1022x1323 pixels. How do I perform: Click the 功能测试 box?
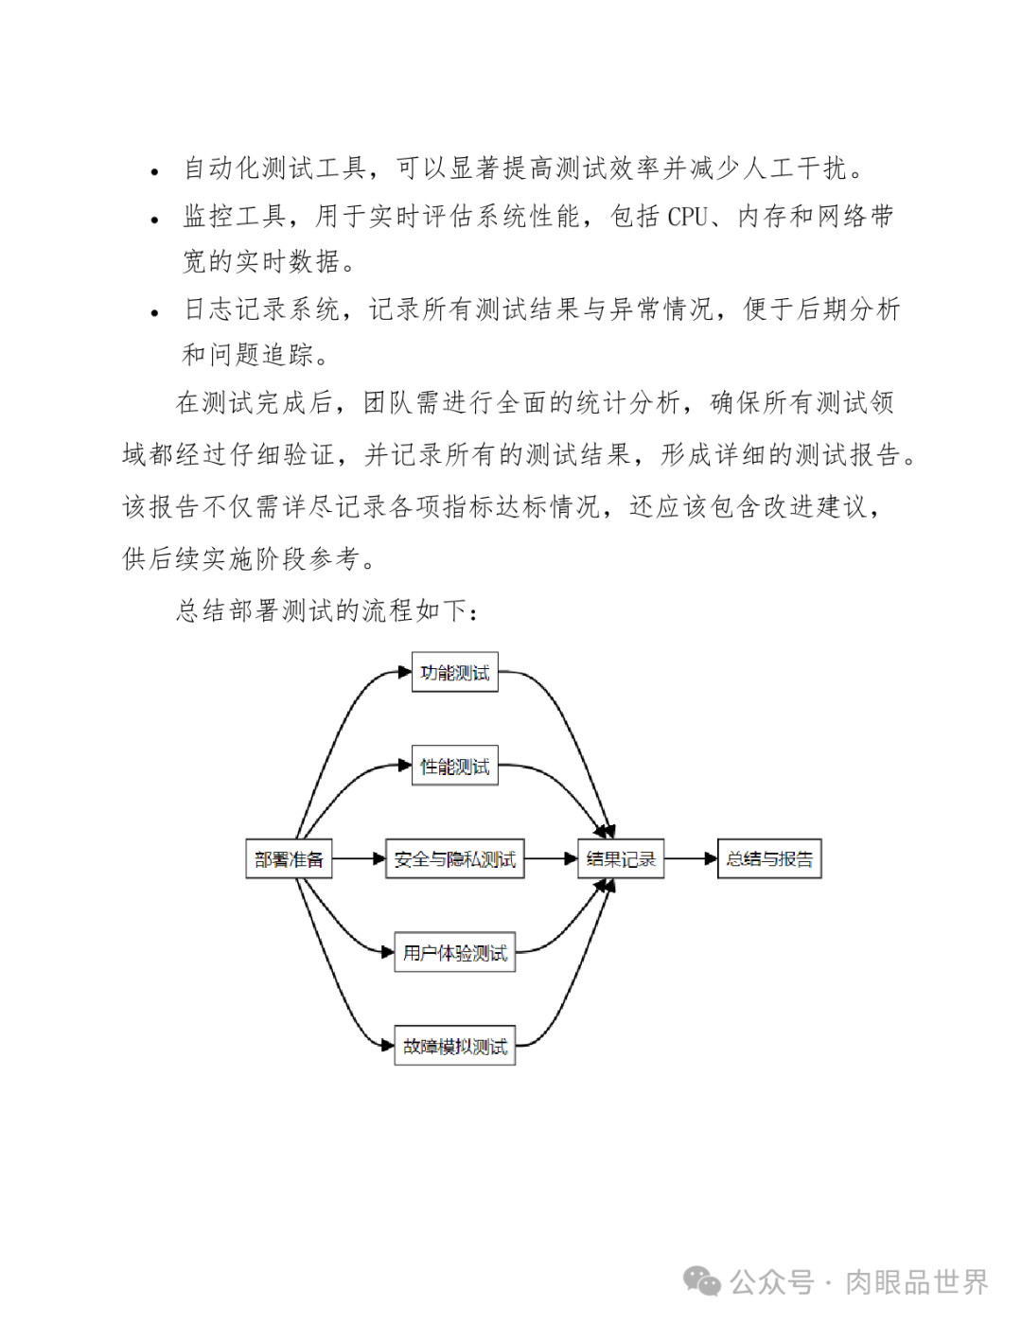tap(454, 672)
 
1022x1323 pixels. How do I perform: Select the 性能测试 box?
tap(454, 766)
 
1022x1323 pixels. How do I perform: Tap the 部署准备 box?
tap(289, 859)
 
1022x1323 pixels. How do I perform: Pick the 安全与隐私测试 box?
tap(454, 859)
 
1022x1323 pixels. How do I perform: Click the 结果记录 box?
tap(621, 859)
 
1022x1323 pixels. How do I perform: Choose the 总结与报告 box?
tap(769, 859)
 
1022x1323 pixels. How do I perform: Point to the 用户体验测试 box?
tap(454, 952)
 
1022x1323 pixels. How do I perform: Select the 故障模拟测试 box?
tap(454, 1046)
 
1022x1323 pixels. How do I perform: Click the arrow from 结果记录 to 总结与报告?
tap(690, 859)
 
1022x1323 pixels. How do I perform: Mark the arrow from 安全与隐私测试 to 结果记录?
tap(551, 859)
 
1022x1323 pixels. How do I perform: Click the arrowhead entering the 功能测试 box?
tap(404, 673)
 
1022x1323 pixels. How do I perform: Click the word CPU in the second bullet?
tap(687, 217)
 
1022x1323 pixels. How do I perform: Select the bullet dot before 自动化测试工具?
tap(155, 172)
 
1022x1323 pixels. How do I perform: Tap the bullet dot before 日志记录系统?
tap(155, 313)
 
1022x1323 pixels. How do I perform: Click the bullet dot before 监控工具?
tap(155, 220)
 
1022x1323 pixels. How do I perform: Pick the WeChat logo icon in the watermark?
tap(702, 1281)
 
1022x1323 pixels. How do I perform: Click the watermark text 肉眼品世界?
tap(916, 1282)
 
